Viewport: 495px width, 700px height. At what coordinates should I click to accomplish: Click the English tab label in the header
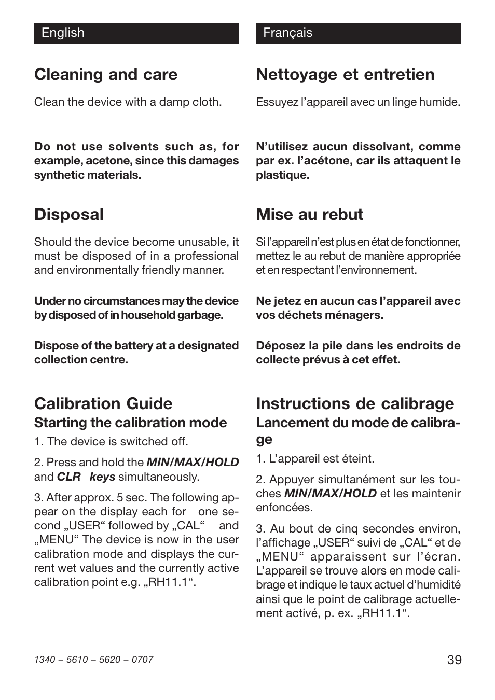click(63, 33)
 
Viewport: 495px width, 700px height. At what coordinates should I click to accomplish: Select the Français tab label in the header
click(287, 33)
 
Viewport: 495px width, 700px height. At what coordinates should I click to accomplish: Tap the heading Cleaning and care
click(106, 75)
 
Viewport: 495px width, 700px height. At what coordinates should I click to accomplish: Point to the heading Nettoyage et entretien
click(345, 75)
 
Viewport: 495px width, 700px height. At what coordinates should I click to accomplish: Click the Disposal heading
click(69, 215)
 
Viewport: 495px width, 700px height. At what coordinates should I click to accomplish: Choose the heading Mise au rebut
click(310, 215)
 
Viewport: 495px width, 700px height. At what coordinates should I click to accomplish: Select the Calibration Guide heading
click(103, 403)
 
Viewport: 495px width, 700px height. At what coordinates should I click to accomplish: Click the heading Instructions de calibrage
click(355, 403)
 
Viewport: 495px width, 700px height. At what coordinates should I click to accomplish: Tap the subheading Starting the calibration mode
click(130, 423)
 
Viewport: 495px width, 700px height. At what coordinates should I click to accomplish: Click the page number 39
click(453, 660)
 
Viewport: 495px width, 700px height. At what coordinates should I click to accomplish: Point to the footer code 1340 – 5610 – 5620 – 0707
click(93, 660)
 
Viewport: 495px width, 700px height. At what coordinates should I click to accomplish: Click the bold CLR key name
click(68, 477)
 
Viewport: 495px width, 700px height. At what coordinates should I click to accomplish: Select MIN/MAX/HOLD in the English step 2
click(192, 462)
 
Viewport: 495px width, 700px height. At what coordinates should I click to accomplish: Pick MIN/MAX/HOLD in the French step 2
click(330, 493)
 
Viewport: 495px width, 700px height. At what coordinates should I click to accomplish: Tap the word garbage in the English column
click(201, 315)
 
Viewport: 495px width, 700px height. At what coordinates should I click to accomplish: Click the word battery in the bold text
click(132, 346)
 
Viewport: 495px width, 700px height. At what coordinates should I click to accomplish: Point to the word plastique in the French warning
click(282, 175)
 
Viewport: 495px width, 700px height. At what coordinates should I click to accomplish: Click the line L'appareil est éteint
click(315, 459)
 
